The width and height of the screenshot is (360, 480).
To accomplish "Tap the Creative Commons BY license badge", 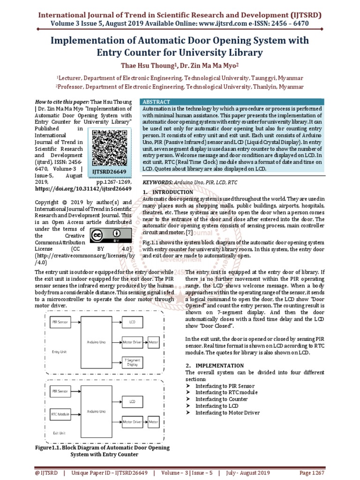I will click(105, 235).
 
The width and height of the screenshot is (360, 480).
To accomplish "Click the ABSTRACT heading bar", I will click(156, 102).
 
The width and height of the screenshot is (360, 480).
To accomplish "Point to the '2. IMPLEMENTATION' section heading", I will click(214, 365).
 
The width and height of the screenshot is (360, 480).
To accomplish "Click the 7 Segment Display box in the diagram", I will click(133, 361).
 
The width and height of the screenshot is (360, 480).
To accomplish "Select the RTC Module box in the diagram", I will click(60, 414).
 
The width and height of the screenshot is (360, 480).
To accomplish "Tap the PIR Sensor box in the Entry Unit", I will click(60, 322).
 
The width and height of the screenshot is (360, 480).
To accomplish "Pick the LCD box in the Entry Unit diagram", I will click(133, 322).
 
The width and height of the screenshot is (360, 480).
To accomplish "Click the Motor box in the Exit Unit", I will click(154, 422).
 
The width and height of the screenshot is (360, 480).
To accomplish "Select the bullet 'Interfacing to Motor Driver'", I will click(227, 412).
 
